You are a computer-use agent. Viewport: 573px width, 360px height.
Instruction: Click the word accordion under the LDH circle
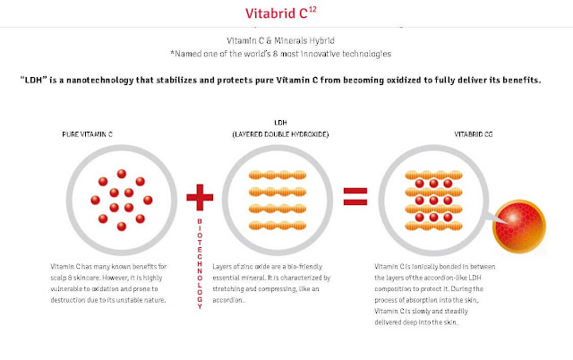(x=234, y=301)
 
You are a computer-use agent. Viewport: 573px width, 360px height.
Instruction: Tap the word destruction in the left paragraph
(x=66, y=298)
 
